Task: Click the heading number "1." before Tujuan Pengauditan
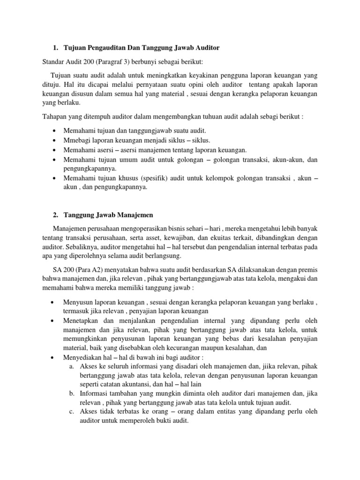coord(56,48)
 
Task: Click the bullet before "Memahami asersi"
coord(56,150)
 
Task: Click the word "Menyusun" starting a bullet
coord(78,303)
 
